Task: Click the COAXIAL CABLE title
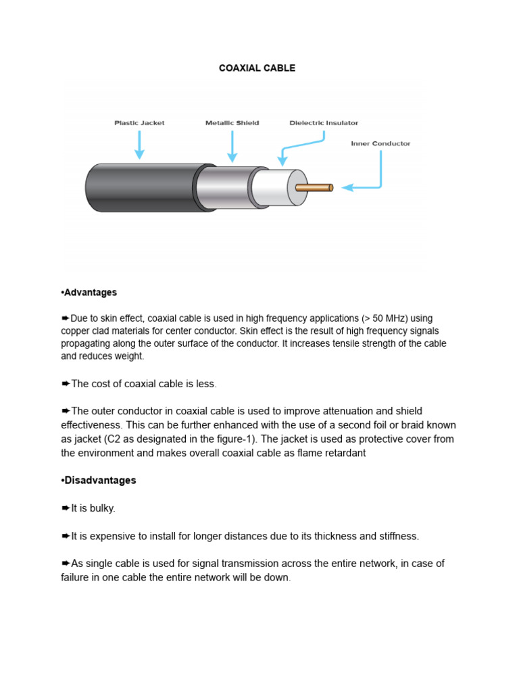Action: [257, 68]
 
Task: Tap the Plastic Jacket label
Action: [139, 123]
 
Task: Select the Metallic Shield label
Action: [232, 123]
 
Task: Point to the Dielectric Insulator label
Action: [324, 123]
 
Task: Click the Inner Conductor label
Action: [380, 143]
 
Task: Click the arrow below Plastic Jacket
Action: [139, 145]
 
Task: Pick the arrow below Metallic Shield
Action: [232, 146]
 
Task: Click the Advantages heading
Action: [90, 293]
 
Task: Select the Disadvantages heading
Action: [99, 480]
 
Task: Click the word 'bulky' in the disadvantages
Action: [108, 508]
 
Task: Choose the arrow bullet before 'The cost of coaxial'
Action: [66, 384]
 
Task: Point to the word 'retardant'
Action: [342, 453]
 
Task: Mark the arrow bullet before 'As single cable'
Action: [66, 564]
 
